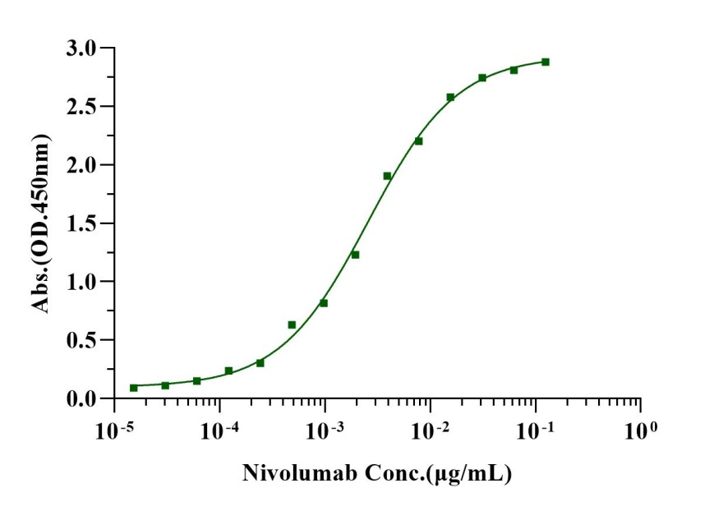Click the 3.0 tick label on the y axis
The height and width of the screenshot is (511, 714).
coord(82,48)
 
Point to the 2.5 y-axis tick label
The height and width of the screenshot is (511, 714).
coord(82,107)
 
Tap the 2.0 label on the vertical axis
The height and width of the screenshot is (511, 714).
coord(82,165)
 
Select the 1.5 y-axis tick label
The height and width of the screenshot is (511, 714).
coord(82,223)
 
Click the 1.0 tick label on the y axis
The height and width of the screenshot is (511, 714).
coord(82,282)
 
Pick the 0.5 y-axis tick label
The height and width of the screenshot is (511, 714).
coord(82,340)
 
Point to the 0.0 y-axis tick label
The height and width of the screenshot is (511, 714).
coord(82,398)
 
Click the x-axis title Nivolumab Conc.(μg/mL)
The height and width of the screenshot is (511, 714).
coord(377,474)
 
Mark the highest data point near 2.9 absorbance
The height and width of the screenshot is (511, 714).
coord(546,62)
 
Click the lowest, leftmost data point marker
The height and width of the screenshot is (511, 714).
coord(134,388)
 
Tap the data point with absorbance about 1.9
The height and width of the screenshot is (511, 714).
coord(387,176)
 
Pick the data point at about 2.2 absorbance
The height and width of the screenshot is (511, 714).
coord(418,141)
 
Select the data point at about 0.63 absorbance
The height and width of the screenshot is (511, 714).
coord(292,325)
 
